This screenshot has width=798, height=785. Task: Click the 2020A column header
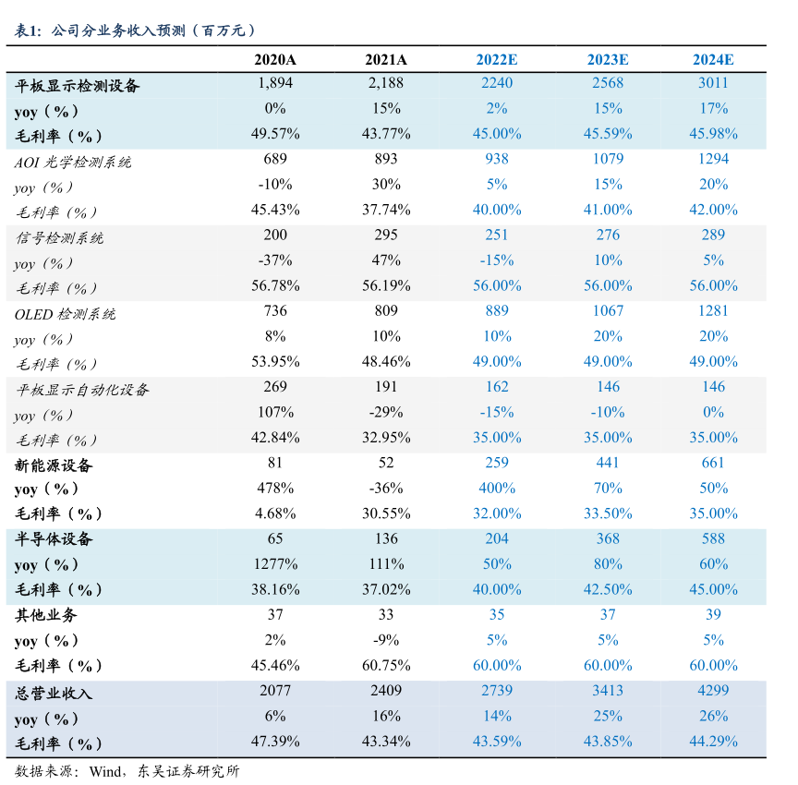coord(275,60)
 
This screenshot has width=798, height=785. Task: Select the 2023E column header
coord(608,60)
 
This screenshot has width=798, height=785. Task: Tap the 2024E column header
coord(713,60)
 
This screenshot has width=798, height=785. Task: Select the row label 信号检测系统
coord(59,237)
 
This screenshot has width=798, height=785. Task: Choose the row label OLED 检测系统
coord(66,313)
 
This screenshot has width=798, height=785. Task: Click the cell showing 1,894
coord(275,83)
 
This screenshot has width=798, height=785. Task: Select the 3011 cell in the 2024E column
coord(713,83)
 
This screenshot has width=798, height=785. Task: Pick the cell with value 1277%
coord(275,563)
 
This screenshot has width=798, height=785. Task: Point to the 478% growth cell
coord(275,488)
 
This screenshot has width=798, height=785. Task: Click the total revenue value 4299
coord(713,690)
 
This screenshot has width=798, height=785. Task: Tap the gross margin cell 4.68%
coord(275,513)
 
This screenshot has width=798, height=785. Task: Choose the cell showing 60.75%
coord(386,665)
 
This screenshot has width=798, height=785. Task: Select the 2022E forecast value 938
coord(497,159)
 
